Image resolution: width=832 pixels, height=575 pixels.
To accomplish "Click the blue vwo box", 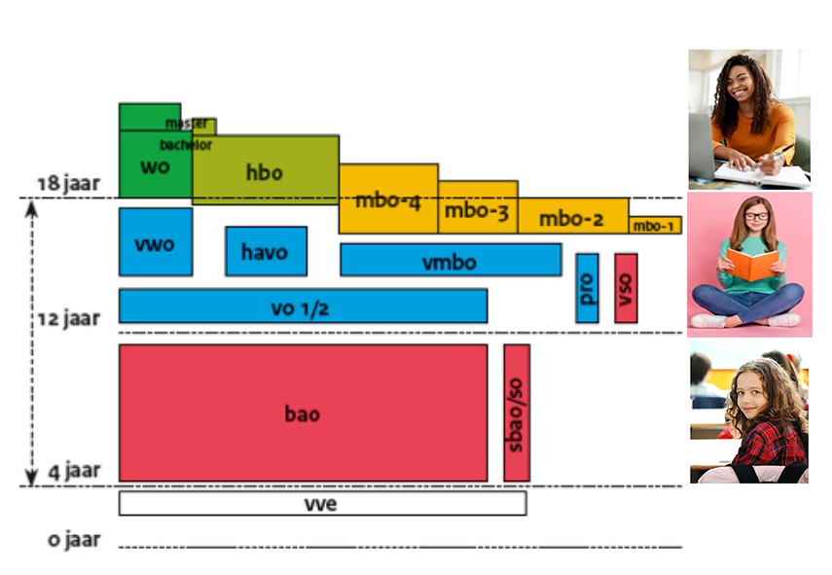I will pyautogui.click(x=156, y=242).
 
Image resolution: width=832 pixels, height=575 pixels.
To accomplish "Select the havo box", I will pyautogui.click(x=266, y=251).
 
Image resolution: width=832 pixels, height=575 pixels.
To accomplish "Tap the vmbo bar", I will pyautogui.click(x=450, y=260).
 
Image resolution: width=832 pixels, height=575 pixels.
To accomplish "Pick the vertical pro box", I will pyautogui.click(x=587, y=288).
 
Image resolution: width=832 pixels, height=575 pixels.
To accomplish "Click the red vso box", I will pyautogui.click(x=626, y=288).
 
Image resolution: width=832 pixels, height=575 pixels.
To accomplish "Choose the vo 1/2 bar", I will pyautogui.click(x=302, y=305).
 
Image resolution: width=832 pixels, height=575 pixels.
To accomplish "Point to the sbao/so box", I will pyautogui.click(x=517, y=413).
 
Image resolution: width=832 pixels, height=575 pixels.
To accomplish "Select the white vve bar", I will pyautogui.click(x=322, y=504).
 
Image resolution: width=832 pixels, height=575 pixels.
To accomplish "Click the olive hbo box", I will pyautogui.click(x=265, y=171).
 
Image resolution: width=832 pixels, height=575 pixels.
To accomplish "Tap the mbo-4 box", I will pyautogui.click(x=387, y=200).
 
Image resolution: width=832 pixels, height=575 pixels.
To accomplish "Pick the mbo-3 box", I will pyautogui.click(x=477, y=208).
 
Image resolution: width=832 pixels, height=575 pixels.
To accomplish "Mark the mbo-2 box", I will pyautogui.click(x=572, y=217).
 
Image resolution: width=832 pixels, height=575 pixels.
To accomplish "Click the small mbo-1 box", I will pyautogui.click(x=654, y=226).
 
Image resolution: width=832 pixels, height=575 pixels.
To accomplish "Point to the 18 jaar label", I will pyautogui.click(x=68, y=184).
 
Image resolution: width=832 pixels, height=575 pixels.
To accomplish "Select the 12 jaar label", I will pyautogui.click(x=68, y=318).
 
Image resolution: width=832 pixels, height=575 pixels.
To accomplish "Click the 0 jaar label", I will pyautogui.click(x=75, y=539).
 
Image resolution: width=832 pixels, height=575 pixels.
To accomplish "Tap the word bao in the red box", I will pyautogui.click(x=302, y=413).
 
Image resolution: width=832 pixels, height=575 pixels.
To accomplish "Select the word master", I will pyautogui.click(x=186, y=124).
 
